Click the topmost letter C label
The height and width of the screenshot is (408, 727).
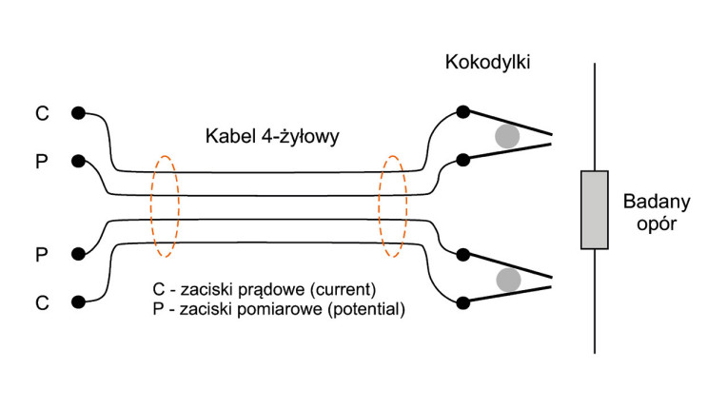[42, 113]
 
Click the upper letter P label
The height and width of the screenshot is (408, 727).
[42, 161]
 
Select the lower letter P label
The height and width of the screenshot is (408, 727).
[42, 255]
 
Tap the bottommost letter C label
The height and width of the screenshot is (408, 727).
[42, 302]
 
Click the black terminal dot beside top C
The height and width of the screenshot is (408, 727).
[77, 113]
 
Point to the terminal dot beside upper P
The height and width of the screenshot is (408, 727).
[77, 161]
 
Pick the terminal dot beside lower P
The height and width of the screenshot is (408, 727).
[77, 255]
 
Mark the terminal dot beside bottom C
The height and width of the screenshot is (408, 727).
[77, 302]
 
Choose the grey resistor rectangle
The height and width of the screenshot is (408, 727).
[595, 210]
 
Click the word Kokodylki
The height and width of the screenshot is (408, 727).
[487, 63]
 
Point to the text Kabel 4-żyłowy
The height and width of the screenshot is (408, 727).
[272, 137]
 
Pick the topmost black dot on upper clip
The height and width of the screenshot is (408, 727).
[462, 112]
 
